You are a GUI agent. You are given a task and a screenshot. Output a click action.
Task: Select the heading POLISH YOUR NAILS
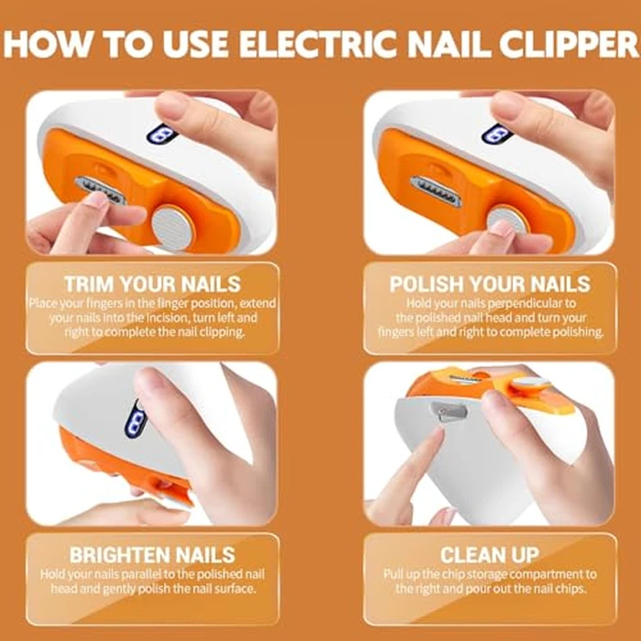[x=489, y=283]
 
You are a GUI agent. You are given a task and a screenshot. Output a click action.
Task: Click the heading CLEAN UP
[x=489, y=554]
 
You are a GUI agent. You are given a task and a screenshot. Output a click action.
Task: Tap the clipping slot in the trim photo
[x=99, y=191]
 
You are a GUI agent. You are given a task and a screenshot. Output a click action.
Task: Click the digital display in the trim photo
[x=163, y=135]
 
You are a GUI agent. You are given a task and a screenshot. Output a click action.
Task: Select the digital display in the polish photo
[x=498, y=135]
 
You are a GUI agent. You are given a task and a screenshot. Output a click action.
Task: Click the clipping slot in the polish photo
[x=435, y=191]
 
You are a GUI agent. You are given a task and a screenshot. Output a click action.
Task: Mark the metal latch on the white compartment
[x=449, y=414]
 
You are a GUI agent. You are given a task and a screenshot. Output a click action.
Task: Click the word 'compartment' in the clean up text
[x=546, y=573]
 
